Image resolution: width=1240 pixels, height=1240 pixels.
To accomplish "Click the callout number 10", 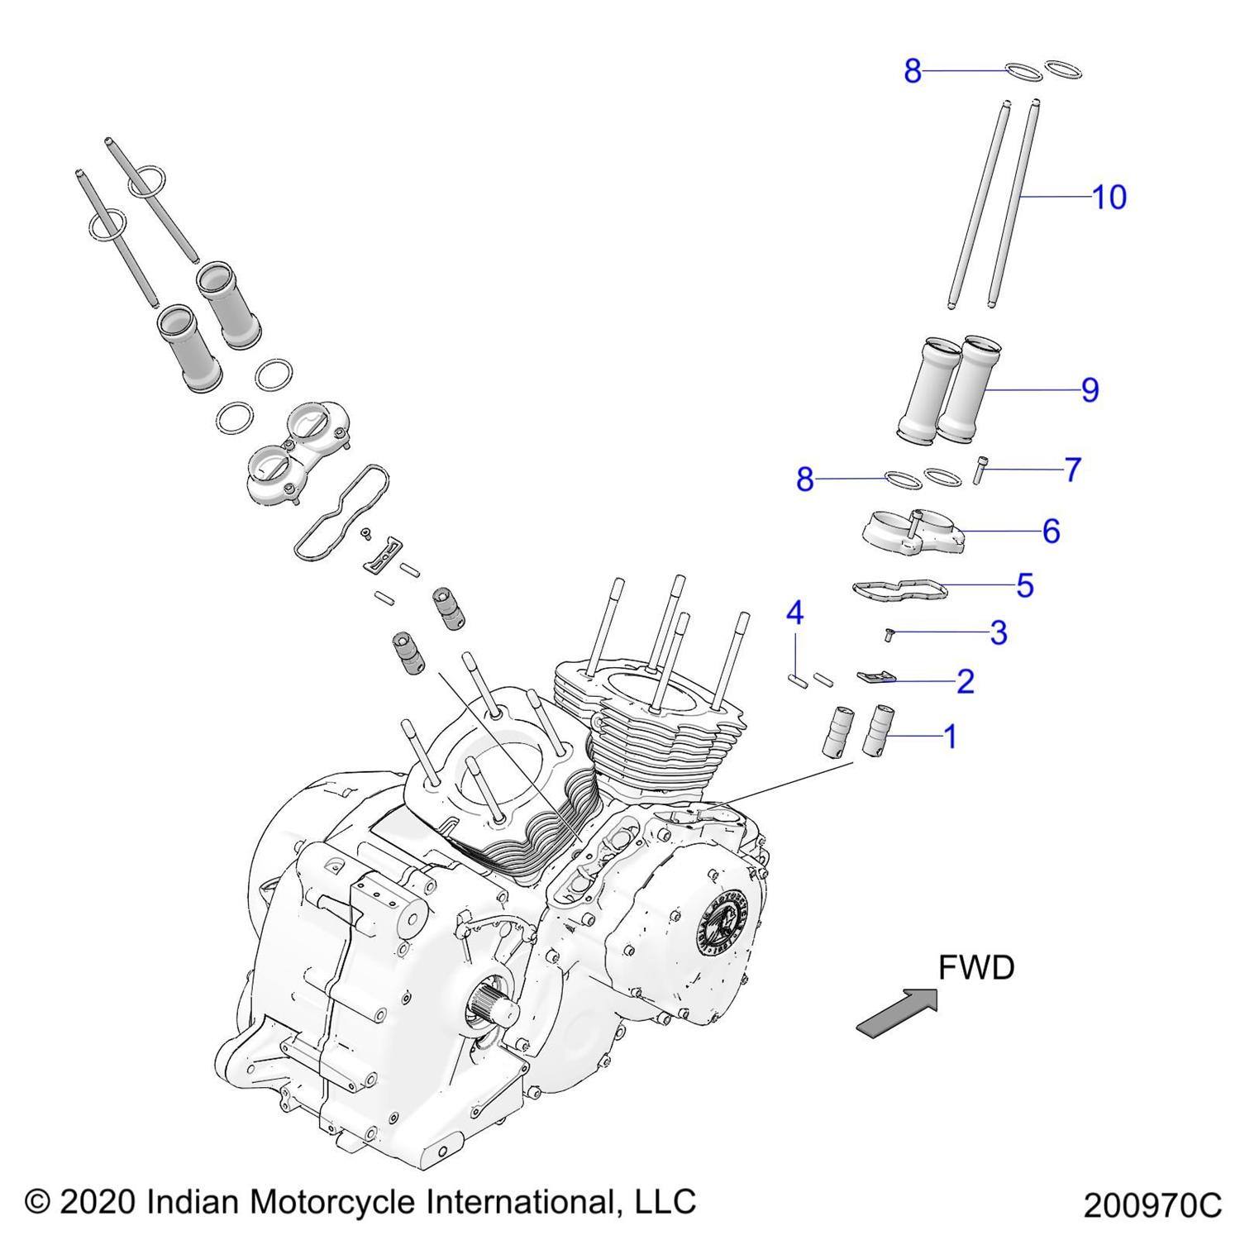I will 1109,198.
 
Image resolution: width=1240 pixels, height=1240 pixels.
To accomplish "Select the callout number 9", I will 1090,390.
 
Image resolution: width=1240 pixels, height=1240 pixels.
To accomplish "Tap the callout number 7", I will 1072,470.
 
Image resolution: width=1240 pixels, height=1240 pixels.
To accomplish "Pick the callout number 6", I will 1051,531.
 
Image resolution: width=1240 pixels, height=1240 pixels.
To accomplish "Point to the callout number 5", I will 1025,585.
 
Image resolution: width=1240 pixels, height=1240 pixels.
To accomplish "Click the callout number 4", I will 794,613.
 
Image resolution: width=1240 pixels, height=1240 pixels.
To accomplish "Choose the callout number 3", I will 999,633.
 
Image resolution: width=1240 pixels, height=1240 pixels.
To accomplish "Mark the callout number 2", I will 965,682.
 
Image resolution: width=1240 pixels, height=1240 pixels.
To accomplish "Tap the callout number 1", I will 950,737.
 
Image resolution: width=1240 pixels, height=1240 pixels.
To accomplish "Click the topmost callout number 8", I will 912,72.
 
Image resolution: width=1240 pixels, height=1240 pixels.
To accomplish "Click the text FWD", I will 975,967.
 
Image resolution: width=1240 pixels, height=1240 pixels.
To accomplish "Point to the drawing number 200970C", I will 1152,1205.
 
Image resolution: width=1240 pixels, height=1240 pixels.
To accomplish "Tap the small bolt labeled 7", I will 981,470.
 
